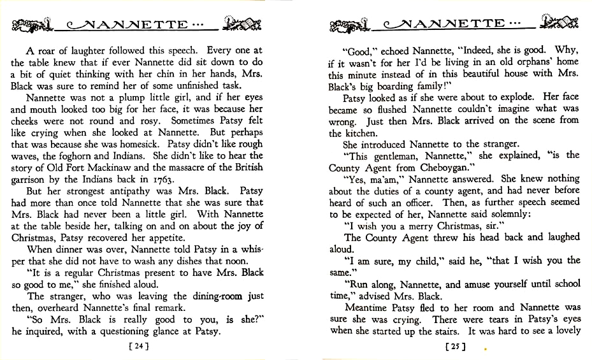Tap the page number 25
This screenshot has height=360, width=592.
pyautogui.click(x=454, y=347)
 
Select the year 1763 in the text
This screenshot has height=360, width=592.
pyautogui.click(x=156, y=179)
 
